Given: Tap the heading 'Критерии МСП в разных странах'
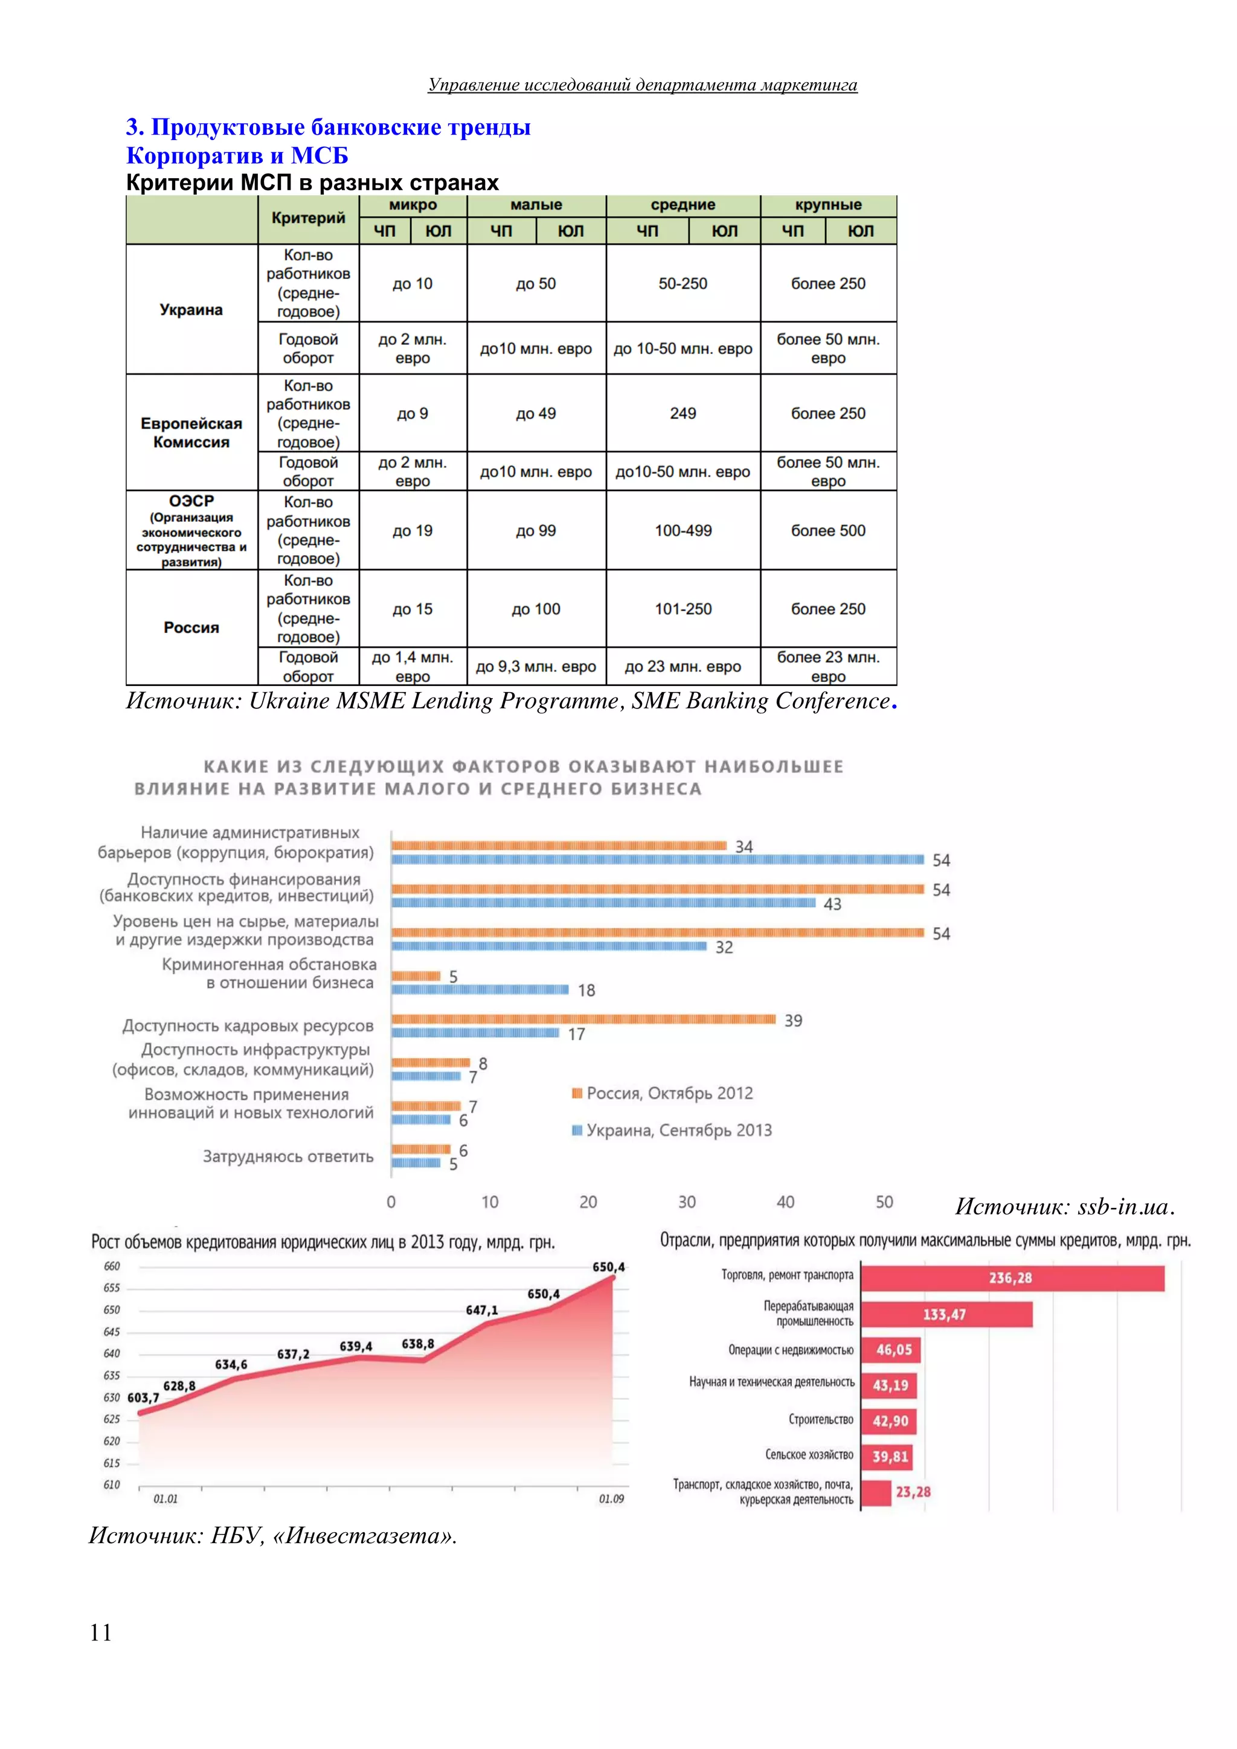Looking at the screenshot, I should (x=312, y=183).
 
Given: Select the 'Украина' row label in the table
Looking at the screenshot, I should (x=191, y=309).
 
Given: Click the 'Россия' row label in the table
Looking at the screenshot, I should (x=191, y=627).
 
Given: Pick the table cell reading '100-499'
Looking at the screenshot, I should (x=683, y=530).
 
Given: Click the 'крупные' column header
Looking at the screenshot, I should (x=828, y=205).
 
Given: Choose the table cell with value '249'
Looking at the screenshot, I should (x=683, y=413).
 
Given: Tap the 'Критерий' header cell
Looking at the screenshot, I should (x=309, y=219).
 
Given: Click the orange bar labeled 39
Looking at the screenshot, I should (x=583, y=1019).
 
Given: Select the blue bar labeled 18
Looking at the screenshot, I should (x=480, y=989).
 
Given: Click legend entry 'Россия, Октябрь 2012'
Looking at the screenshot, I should (x=662, y=1093).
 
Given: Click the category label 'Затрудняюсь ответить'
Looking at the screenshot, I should (x=288, y=1157).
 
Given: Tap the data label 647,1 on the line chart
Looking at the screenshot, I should (x=482, y=1310).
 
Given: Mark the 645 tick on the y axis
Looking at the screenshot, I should (x=112, y=1332).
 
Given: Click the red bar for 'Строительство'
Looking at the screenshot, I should (x=890, y=1420).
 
